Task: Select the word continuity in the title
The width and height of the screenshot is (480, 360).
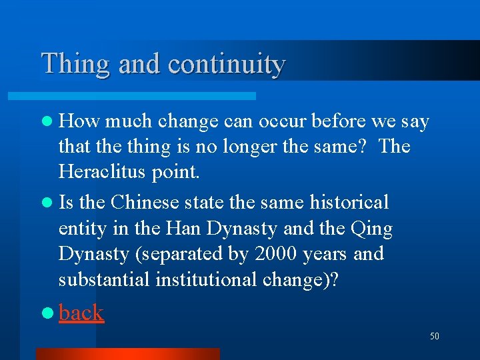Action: [227, 65]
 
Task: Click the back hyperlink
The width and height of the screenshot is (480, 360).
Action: [81, 313]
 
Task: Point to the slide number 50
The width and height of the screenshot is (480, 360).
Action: [434, 337]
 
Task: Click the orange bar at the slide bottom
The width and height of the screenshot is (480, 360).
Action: [127, 353]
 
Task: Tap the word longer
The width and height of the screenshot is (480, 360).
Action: [249, 146]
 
